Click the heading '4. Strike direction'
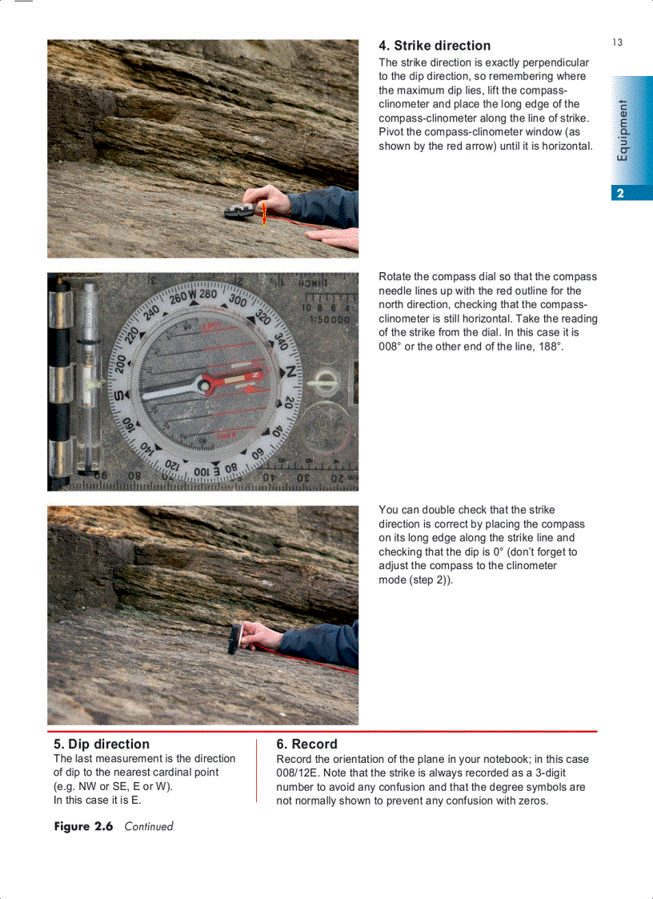[434, 46]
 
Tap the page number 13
[617, 42]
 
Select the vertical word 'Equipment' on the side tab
[623, 130]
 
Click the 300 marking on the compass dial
[238, 300]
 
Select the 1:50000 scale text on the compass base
[325, 319]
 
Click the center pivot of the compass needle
[206, 386]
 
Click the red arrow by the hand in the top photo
[263, 213]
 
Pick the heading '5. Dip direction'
[101, 744]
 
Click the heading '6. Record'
[306, 744]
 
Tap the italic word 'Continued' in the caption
[149, 826]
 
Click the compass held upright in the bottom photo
[235, 637]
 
